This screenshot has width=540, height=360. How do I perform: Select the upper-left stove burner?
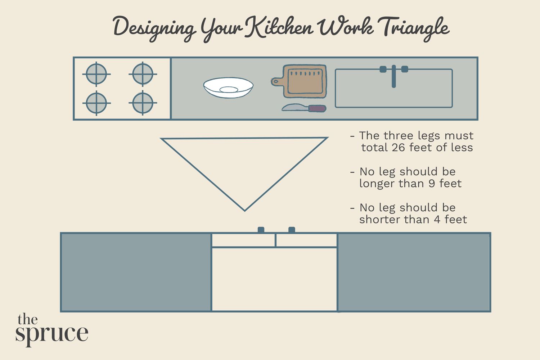coord(96,74)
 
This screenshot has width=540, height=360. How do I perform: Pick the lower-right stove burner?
coord(143,103)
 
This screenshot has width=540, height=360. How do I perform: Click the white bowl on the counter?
coord(228,87)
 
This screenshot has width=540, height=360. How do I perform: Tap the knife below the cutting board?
coord(304,108)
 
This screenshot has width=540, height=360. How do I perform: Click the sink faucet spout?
coord(393,77)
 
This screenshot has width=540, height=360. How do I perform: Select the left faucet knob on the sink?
coord(383,69)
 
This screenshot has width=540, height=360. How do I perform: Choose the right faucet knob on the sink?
coord(405,69)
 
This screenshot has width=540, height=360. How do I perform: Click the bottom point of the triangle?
coord(244,210)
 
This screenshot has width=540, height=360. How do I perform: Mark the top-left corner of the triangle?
coord(162,139)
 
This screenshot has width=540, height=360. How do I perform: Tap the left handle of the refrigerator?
coord(261,230)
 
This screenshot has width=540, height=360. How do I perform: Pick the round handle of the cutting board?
coord(275,82)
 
